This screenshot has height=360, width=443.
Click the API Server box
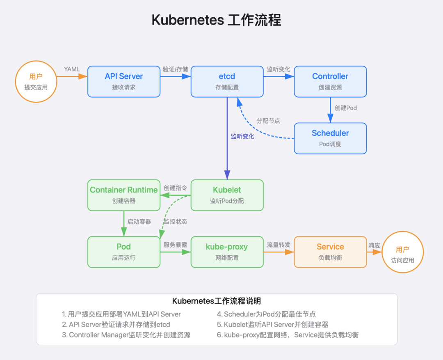click(x=124, y=81)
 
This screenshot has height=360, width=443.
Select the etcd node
click(x=227, y=81)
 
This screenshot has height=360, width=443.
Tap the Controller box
click(x=330, y=81)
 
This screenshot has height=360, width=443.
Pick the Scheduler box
click(x=330, y=138)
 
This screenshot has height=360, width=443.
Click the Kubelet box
click(x=227, y=195)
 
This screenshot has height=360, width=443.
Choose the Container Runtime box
click(x=124, y=195)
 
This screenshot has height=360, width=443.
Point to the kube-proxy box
click(x=227, y=252)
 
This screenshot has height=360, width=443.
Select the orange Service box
click(x=330, y=252)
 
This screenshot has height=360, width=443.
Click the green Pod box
click(x=124, y=252)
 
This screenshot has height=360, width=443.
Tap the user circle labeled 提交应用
click(x=36, y=81)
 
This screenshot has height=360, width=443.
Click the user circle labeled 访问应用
click(x=402, y=254)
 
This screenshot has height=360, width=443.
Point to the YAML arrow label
click(x=72, y=69)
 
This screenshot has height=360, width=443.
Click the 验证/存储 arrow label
click(x=175, y=69)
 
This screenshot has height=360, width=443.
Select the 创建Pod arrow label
click(x=346, y=108)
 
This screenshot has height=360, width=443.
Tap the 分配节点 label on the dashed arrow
click(x=268, y=121)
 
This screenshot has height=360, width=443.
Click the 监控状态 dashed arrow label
click(x=175, y=222)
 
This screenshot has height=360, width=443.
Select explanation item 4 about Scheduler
click(x=267, y=314)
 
